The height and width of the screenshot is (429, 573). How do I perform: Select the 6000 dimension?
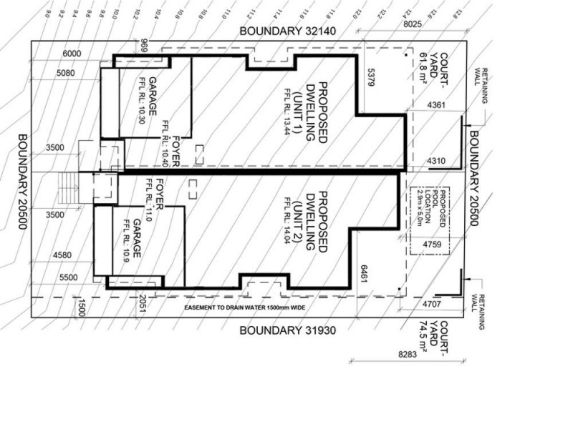[x=72, y=54]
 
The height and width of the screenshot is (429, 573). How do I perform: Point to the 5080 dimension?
[x=65, y=72]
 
